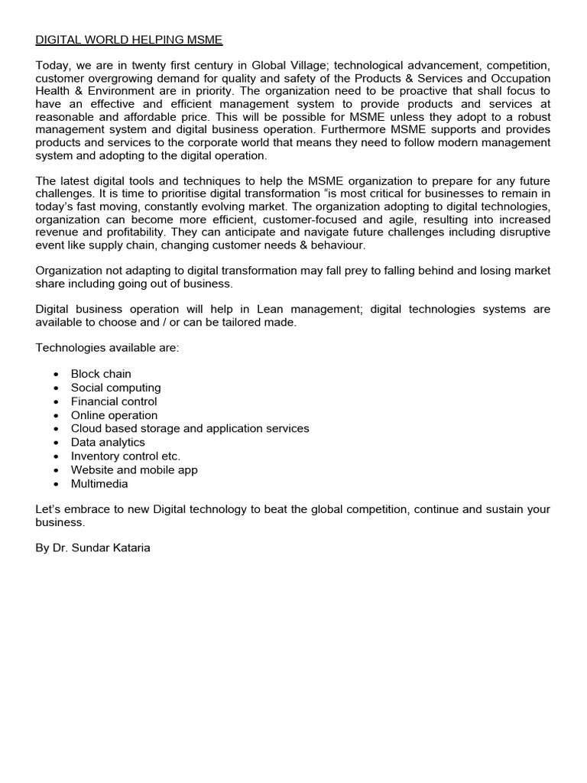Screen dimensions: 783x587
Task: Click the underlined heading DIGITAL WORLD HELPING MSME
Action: point(129,38)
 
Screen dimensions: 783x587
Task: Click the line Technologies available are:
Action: point(107,348)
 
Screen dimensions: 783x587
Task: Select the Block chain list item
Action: point(101,374)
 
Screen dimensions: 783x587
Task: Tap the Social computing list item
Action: point(115,388)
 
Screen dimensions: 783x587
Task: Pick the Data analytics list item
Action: point(108,442)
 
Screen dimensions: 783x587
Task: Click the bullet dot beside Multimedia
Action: point(57,484)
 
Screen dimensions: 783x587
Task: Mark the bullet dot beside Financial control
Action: point(57,401)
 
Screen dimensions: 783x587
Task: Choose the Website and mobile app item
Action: point(134,470)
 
